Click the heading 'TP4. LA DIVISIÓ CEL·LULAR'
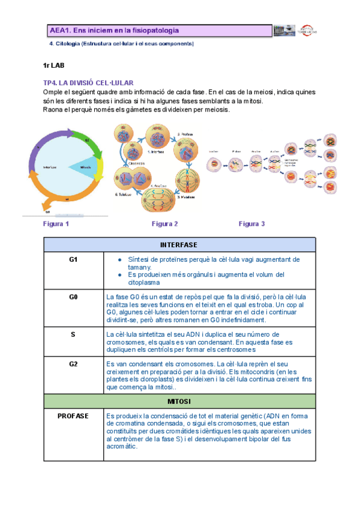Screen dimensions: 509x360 click(x=88, y=83)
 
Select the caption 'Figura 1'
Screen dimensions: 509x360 click(x=56, y=224)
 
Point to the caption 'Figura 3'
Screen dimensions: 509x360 click(x=251, y=224)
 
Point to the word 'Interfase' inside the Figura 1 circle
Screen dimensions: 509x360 click(x=50, y=167)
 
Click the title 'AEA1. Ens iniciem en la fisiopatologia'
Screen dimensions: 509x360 click(x=114, y=30)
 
